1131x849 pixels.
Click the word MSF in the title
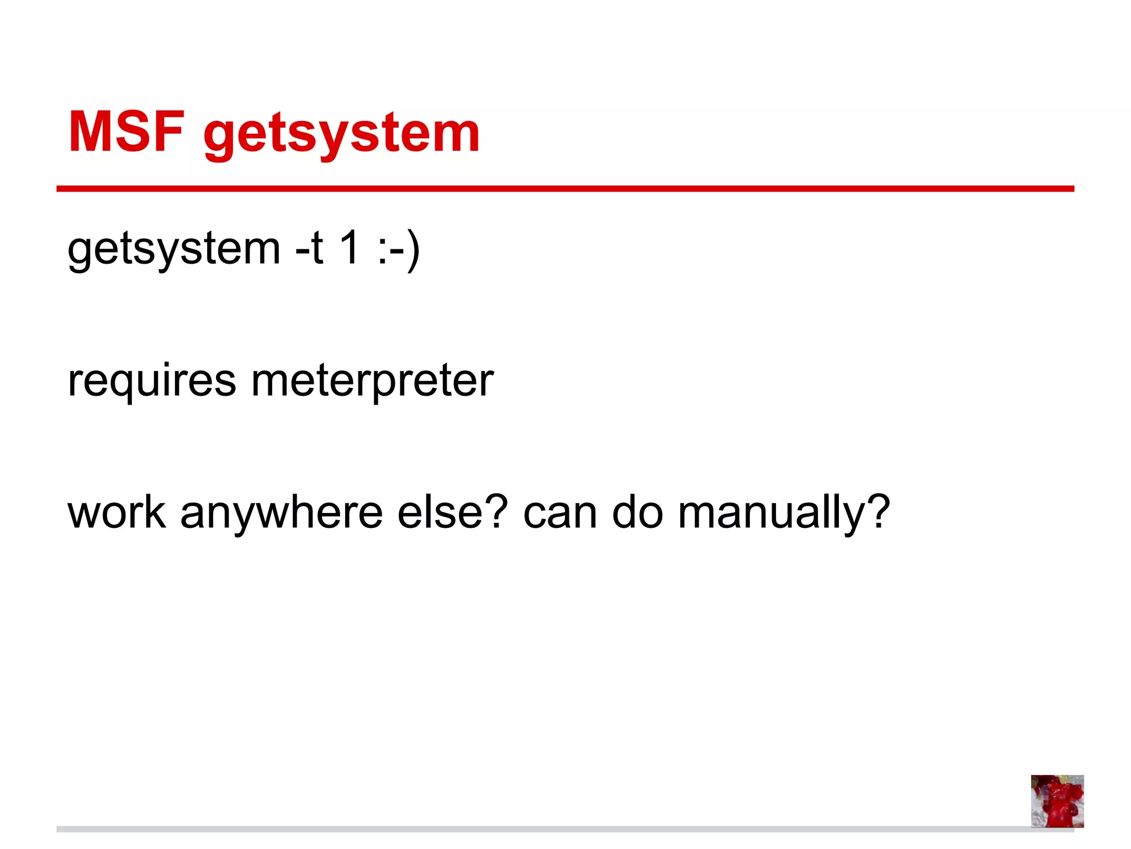point(126,132)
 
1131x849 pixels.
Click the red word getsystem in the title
point(342,135)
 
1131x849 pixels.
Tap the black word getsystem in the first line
point(174,250)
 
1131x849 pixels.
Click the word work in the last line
point(117,512)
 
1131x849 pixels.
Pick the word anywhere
point(282,514)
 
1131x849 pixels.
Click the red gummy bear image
point(1057,800)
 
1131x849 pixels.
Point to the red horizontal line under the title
point(565,189)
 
